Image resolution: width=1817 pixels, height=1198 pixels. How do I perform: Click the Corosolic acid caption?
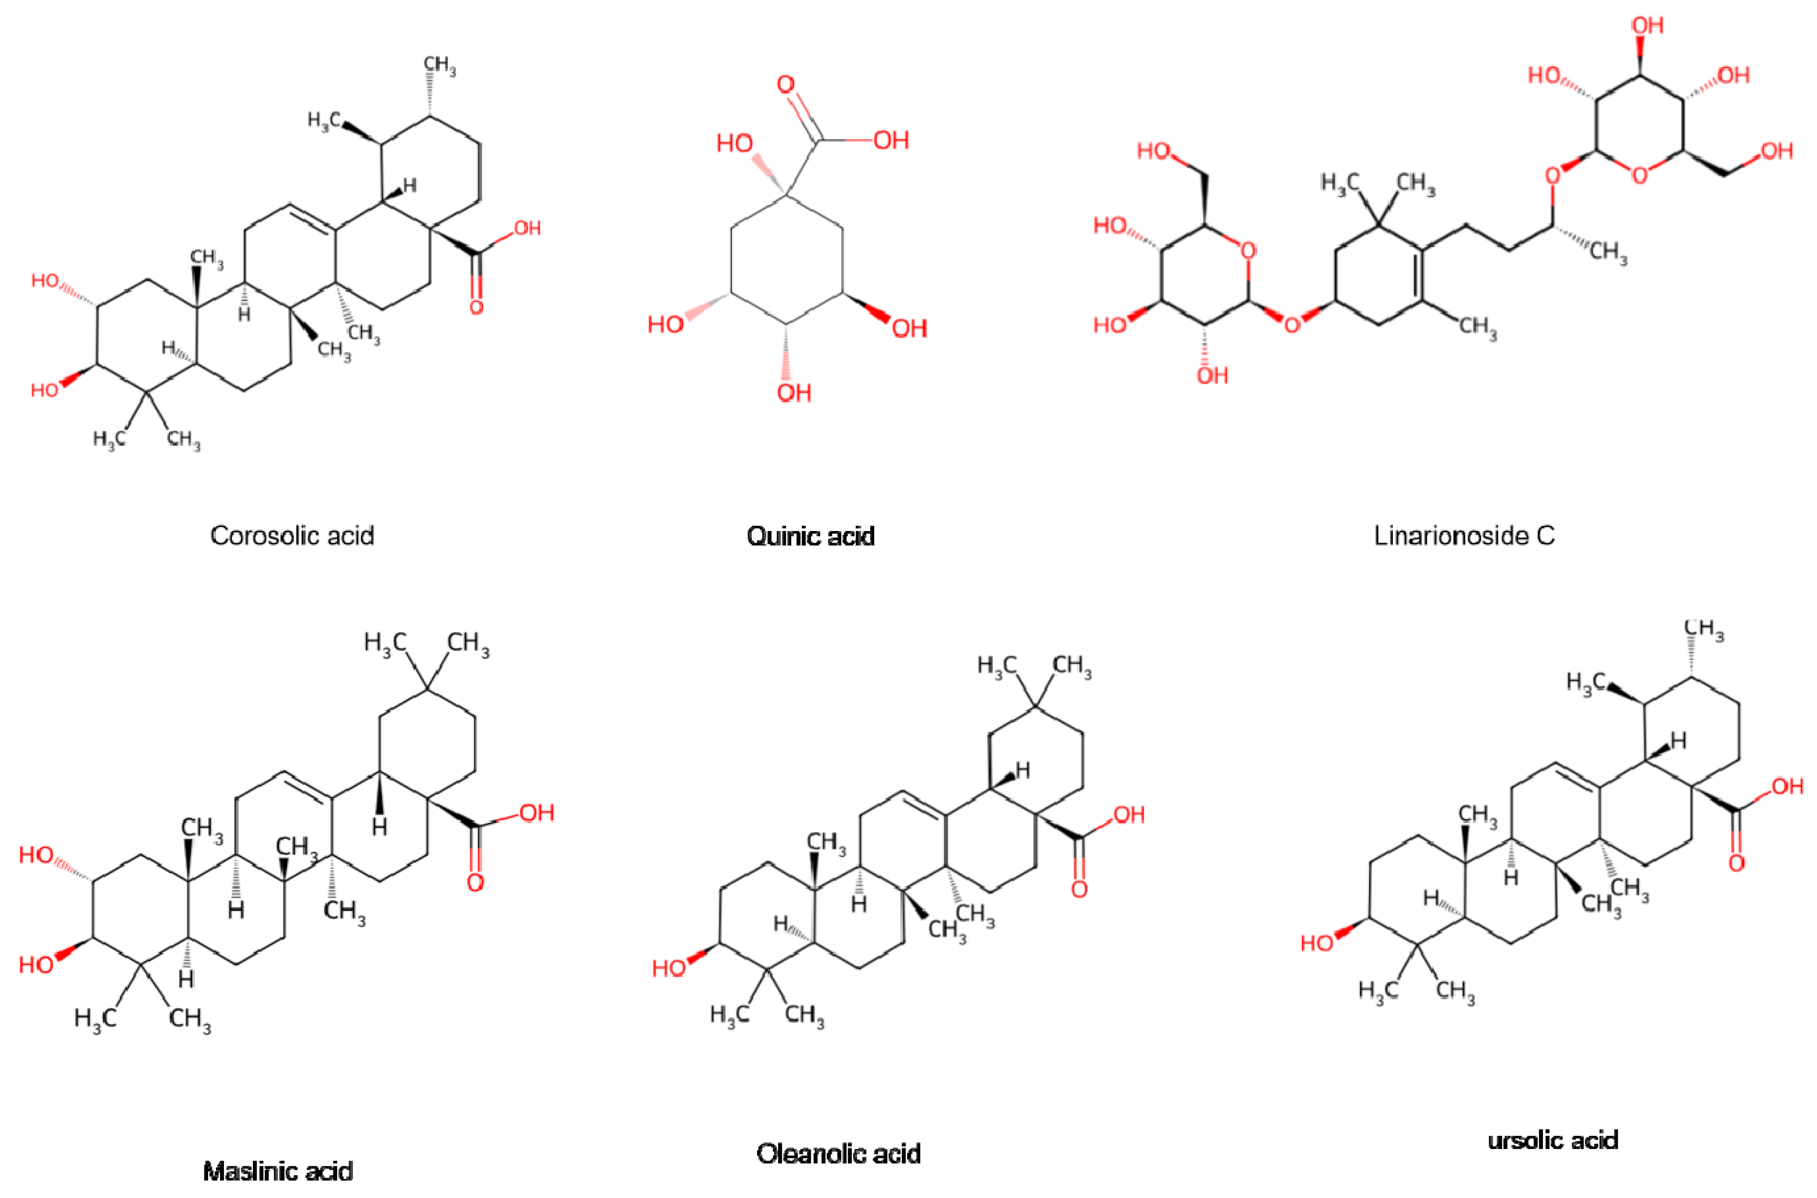coord(292,536)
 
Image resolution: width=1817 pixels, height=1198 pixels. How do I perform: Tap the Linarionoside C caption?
coord(1464,536)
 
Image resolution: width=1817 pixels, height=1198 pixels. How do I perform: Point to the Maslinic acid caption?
coord(278,1171)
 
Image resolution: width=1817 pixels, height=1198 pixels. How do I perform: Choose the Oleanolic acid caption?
coord(838,1153)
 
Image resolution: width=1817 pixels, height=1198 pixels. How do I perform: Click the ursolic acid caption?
coord(1553,1140)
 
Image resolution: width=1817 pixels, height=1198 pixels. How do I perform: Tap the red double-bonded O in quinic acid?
coord(785,85)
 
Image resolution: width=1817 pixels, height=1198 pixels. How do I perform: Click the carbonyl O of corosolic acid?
coord(476,307)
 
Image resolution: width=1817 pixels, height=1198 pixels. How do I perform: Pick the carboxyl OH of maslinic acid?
coord(536,812)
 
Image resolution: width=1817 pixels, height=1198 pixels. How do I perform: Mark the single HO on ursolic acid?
coord(1317,944)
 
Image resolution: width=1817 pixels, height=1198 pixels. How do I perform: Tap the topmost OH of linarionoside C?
coord(1647,25)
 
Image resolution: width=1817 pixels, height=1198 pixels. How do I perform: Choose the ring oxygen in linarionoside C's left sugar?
coord(1248,250)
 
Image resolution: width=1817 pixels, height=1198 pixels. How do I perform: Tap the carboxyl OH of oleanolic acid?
coord(1128,814)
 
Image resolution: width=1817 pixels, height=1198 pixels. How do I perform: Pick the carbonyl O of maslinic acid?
coord(475,883)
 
